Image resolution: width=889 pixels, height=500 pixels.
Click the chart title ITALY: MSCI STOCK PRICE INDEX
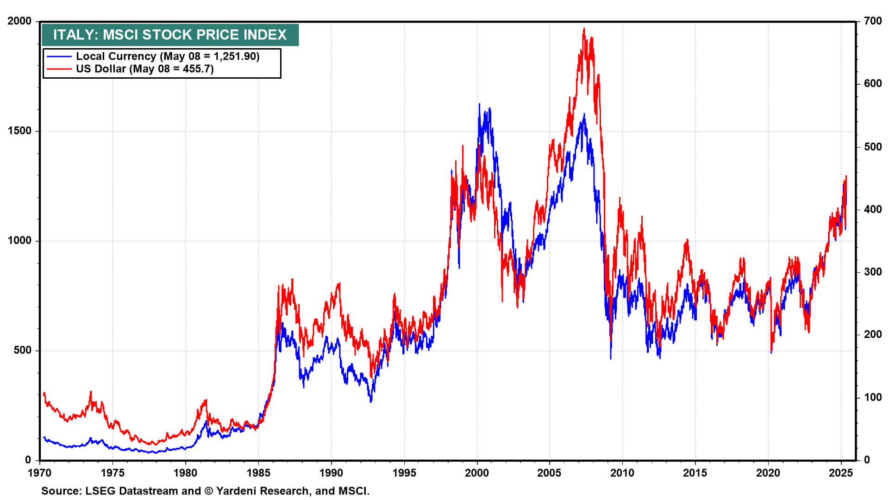[170, 35]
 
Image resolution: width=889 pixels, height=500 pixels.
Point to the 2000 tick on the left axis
[19, 21]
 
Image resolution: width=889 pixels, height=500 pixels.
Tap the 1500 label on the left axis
[19, 131]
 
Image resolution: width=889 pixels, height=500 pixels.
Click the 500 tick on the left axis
[22, 350]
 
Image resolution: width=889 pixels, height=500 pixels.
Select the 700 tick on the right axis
[873, 21]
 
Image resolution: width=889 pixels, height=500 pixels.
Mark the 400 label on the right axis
[873, 209]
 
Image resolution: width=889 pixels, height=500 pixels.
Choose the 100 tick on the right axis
[873, 397]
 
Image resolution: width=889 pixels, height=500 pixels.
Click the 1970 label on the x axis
[40, 473]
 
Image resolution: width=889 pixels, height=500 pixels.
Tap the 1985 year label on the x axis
[258, 473]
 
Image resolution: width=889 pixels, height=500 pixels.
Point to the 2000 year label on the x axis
[477, 473]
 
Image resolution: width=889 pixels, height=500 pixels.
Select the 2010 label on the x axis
[622, 473]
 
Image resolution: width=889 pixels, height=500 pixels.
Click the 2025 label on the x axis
[841, 473]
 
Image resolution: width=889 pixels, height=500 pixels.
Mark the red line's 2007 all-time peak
[584, 28]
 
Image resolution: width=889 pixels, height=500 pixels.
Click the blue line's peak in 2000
[479, 104]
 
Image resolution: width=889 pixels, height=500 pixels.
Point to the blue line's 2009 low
[611, 358]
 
